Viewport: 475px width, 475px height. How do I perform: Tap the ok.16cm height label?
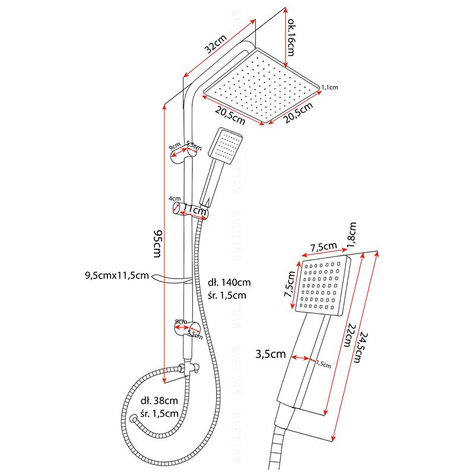coord(292,35)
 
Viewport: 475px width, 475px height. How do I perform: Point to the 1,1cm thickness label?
coord(329,87)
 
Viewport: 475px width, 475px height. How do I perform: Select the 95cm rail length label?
coord(156,243)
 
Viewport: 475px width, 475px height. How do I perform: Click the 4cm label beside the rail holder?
coord(174,198)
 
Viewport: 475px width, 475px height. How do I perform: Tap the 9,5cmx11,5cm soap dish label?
coord(116,275)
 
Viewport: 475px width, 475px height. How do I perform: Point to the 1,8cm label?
coord(352,235)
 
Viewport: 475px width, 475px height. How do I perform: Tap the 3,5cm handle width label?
coord(270,354)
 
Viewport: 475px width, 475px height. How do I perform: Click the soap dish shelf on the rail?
coord(172,280)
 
